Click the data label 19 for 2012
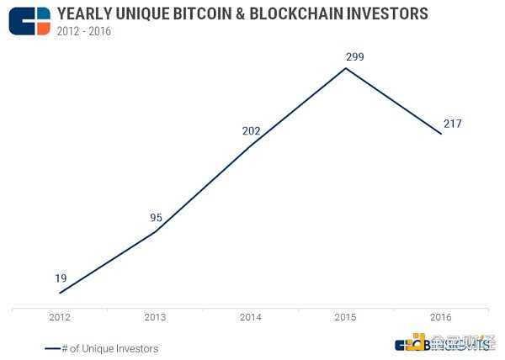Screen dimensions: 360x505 tap(61, 278)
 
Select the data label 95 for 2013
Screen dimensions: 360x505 tap(157, 217)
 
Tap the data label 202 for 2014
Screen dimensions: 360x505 tap(251, 131)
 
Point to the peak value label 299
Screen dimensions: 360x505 tap(346, 56)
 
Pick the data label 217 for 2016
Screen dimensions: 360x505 tap(453, 124)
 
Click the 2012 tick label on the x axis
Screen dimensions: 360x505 tap(60, 317)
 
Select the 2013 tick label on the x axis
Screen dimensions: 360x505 tap(156, 317)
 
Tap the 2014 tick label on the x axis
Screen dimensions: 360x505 tap(251, 317)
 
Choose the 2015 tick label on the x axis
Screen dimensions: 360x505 tap(346, 317)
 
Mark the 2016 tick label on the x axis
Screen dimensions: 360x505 tap(441, 317)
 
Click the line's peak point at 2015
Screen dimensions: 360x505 tap(346, 67)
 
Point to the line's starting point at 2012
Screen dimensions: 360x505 tap(60, 293)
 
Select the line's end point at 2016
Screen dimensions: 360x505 tap(441, 134)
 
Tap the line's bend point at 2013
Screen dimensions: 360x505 tap(156, 231)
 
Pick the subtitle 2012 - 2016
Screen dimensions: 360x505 tap(83, 31)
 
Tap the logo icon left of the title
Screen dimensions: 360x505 tap(29, 20)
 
